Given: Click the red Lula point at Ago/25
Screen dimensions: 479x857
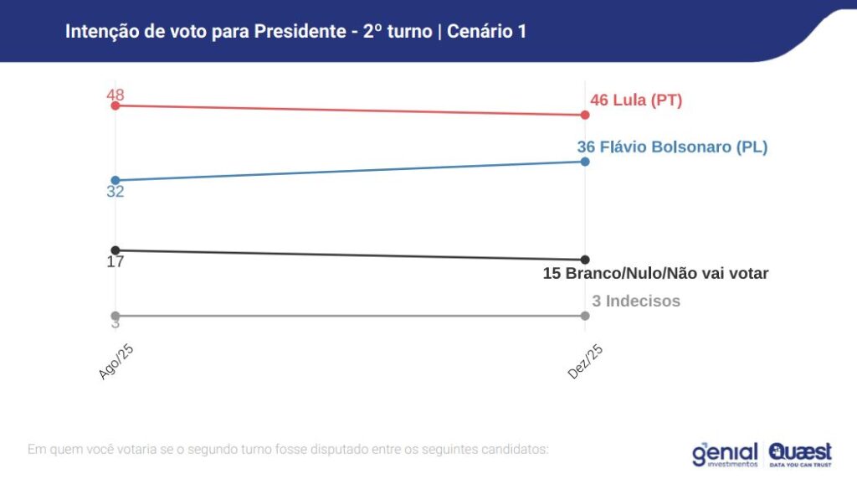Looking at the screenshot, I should coord(115,106).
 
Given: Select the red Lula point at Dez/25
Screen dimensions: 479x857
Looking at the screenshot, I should coord(585,115).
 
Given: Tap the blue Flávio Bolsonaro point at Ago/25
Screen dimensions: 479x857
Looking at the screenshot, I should coord(115,180).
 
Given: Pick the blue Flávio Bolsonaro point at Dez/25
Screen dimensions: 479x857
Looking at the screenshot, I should coord(585,161).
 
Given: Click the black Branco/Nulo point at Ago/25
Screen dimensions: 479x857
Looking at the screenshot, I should coord(115,250).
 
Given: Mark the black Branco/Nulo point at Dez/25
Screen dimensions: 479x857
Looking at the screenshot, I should coord(585,260).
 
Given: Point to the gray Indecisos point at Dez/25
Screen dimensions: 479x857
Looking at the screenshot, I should coord(585,316).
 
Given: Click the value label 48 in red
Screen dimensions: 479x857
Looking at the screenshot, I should coord(115,94).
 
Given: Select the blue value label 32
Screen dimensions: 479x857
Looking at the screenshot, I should coord(115,193).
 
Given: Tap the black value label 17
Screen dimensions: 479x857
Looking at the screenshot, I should coord(115,262).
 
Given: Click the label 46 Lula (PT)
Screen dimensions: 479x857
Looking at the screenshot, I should coord(636,100).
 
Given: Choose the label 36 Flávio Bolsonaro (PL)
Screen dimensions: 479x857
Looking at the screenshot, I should coord(672,147).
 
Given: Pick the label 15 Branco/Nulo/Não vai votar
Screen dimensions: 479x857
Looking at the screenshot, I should coord(655,274).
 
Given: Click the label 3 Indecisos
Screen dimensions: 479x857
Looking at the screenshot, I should coord(636,301).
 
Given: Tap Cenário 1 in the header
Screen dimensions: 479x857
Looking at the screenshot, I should coord(487,32).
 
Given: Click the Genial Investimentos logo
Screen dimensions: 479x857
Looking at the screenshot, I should coord(724,454).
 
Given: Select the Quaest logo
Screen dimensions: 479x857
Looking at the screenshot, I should coord(800,454).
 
